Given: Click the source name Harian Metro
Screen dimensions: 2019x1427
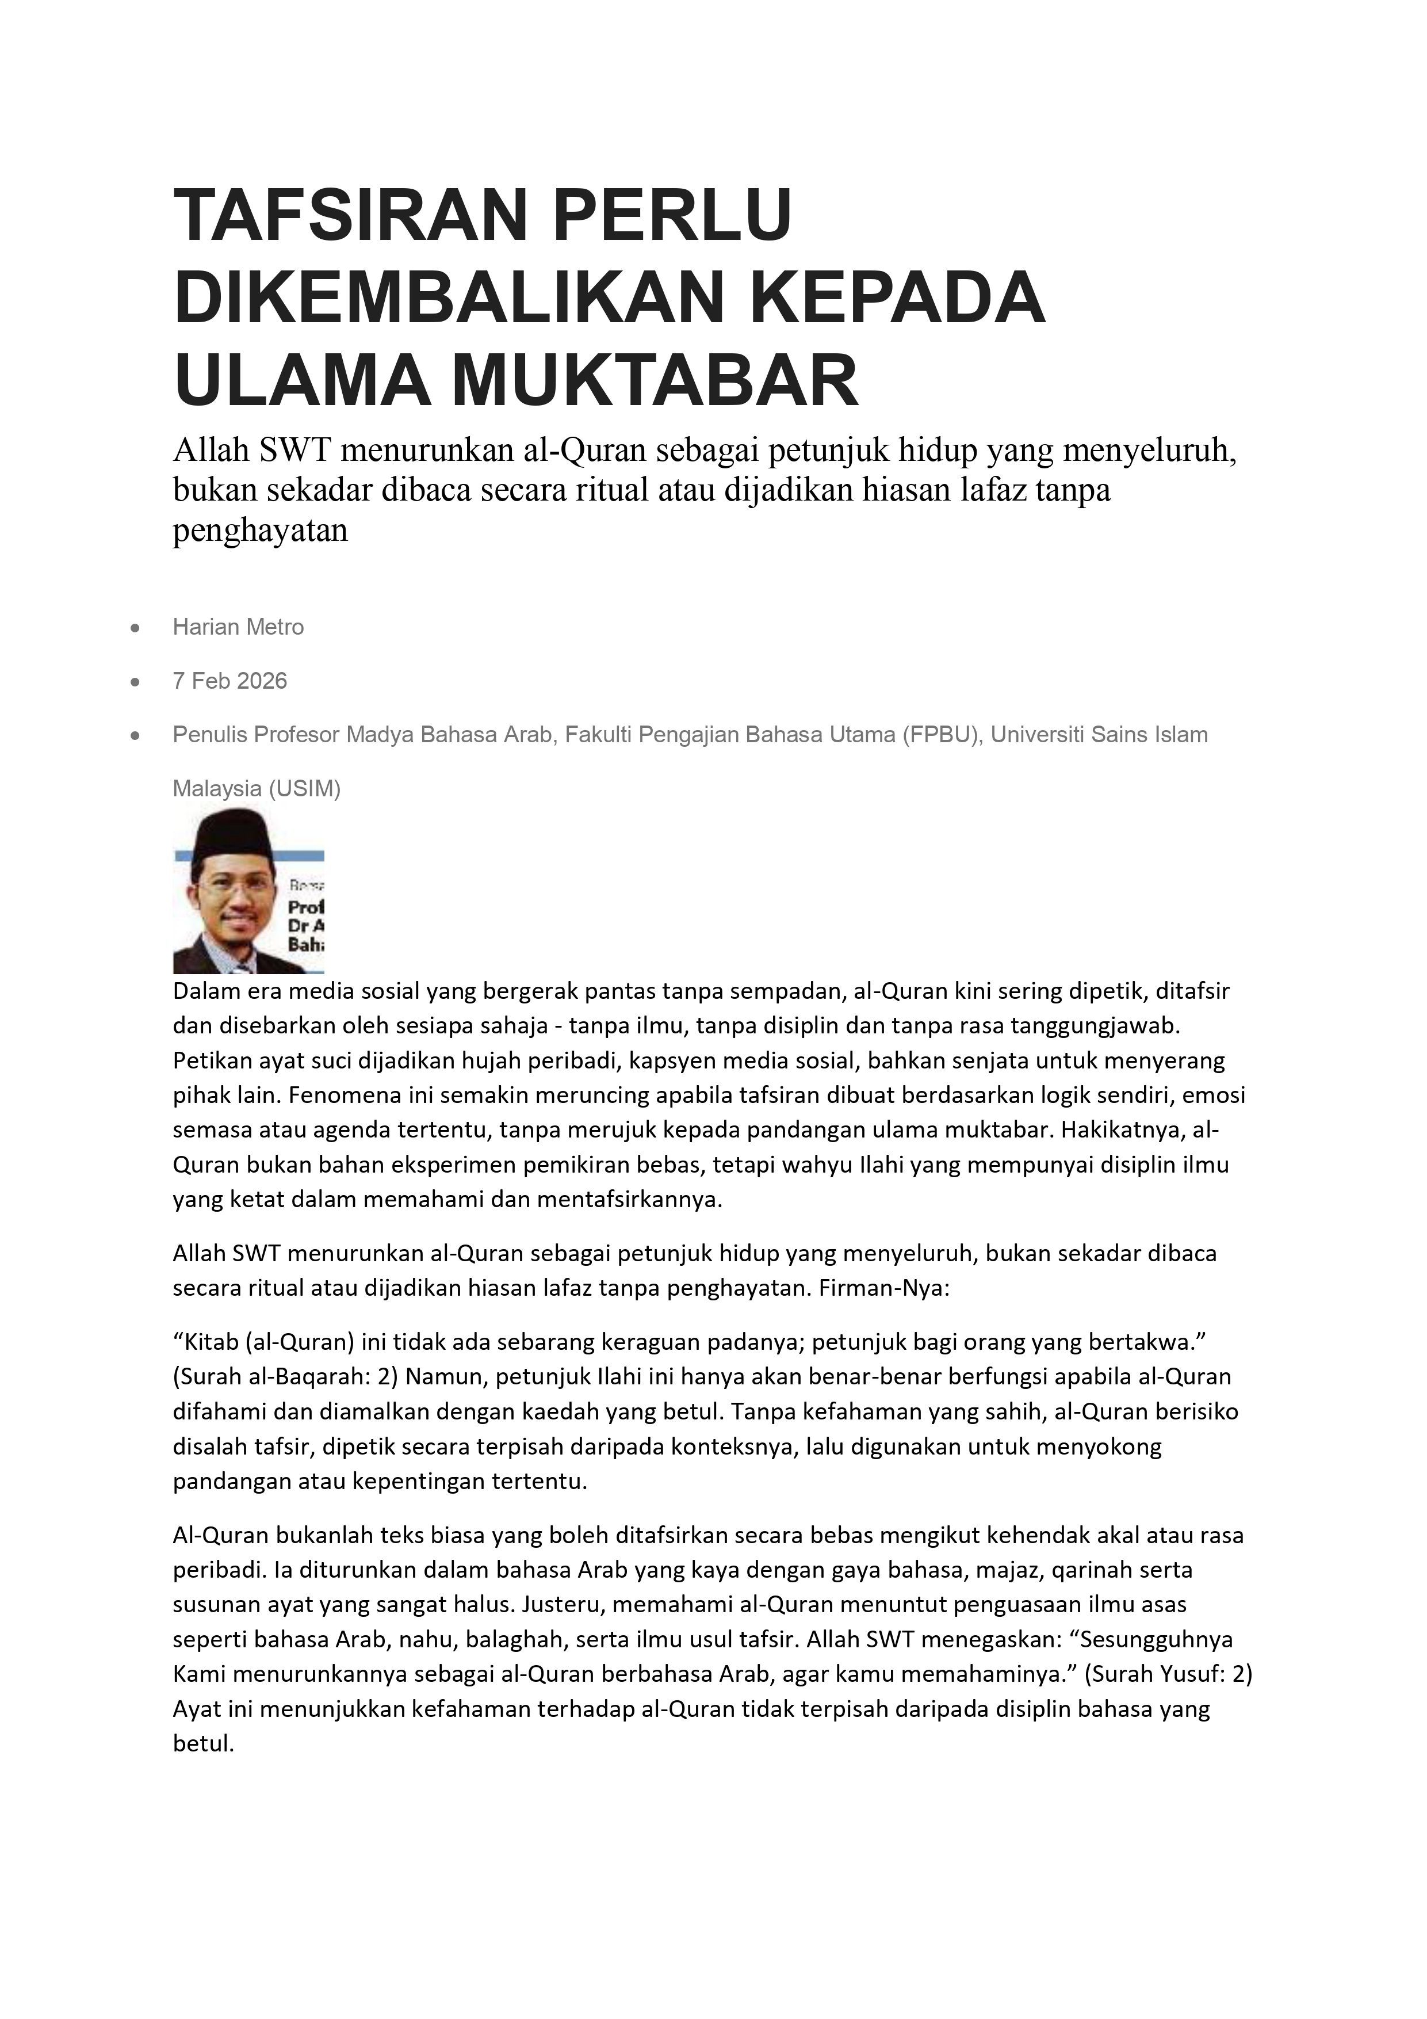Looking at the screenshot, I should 238,627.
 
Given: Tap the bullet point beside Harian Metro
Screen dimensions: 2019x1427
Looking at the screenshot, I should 135,628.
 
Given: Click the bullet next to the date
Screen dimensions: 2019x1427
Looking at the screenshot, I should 135,681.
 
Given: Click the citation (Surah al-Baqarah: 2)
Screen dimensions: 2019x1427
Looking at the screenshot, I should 286,1376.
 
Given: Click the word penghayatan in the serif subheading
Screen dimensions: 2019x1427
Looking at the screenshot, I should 260,530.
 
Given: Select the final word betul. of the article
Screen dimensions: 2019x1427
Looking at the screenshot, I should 203,1743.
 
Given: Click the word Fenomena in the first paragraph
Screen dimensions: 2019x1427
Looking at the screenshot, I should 336,1095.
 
